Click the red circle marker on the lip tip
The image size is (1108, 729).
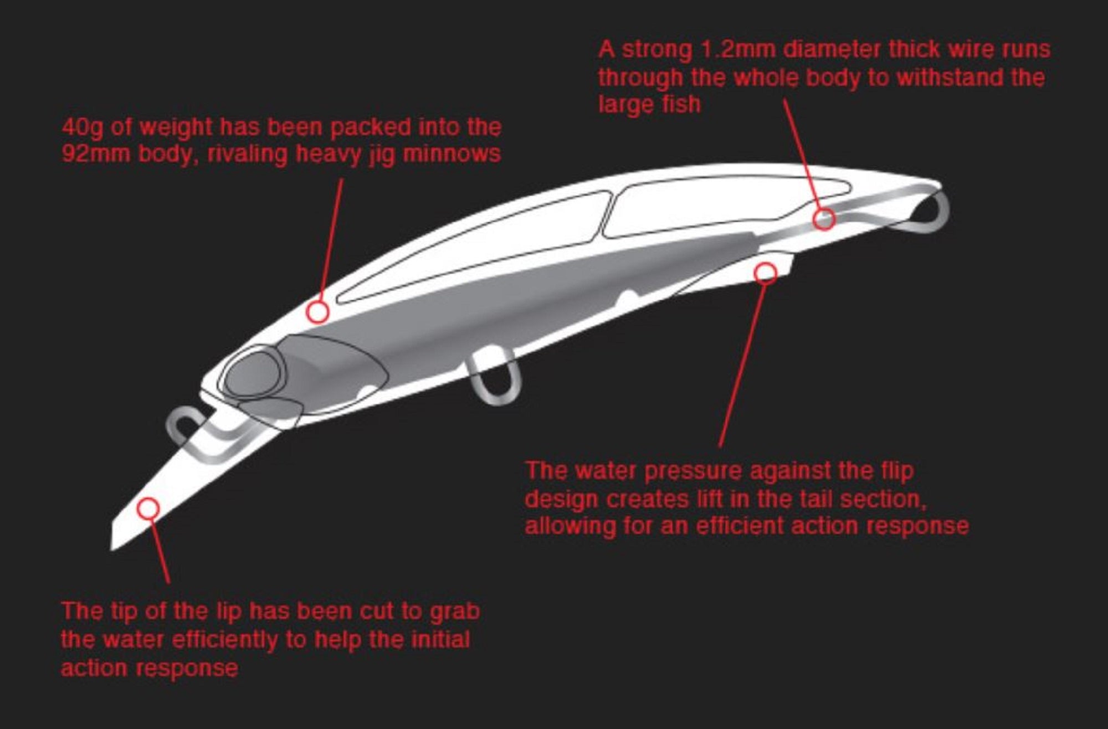148,508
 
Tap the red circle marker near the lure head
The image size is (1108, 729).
318,312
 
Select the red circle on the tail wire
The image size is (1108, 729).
824,219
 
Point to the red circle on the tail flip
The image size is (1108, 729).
766,273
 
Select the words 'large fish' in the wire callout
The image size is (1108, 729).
649,105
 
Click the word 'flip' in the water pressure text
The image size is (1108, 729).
896,471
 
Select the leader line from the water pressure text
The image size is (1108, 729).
742,366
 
